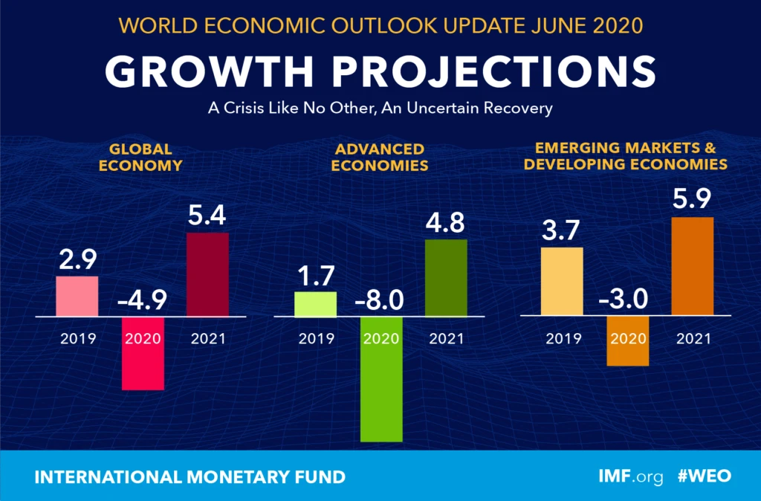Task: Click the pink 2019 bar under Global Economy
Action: [77, 296]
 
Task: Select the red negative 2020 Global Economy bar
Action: [143, 353]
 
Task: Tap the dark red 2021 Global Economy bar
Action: [207, 274]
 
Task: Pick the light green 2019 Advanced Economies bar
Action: [316, 303]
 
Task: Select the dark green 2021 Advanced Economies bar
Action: [446, 277]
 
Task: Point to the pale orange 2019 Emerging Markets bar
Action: [562, 281]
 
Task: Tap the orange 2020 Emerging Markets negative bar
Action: [627, 341]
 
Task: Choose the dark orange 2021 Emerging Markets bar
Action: [693, 266]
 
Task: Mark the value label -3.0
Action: [627, 300]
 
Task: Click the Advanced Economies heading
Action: [379, 157]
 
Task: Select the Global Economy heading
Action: [140, 157]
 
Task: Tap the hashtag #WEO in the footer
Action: [705, 476]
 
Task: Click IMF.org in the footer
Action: [630, 476]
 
